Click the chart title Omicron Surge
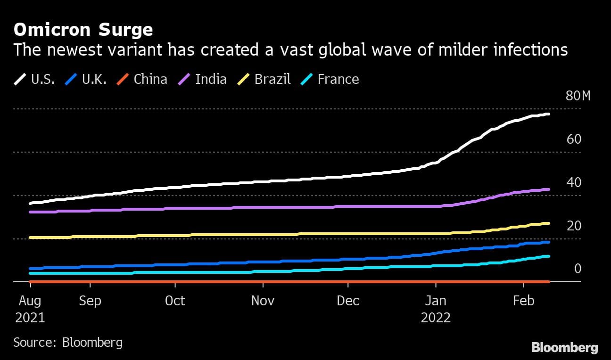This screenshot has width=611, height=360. [x=83, y=30]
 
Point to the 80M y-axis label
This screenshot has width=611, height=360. [x=578, y=96]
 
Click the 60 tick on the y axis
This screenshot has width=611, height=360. [x=574, y=139]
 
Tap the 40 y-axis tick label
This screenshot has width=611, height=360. [x=574, y=183]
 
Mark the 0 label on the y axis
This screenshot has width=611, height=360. [x=578, y=269]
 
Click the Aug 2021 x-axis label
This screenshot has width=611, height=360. [x=30, y=309]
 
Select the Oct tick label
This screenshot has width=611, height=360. [x=175, y=301]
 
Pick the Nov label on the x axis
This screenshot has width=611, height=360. [x=263, y=301]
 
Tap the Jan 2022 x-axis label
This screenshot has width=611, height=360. [x=436, y=309]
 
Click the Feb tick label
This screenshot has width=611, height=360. [x=523, y=301]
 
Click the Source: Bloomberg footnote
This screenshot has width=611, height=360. [x=68, y=342]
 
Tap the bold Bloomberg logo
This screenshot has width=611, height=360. [x=564, y=348]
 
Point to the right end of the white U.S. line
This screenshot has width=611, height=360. [x=548, y=114]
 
